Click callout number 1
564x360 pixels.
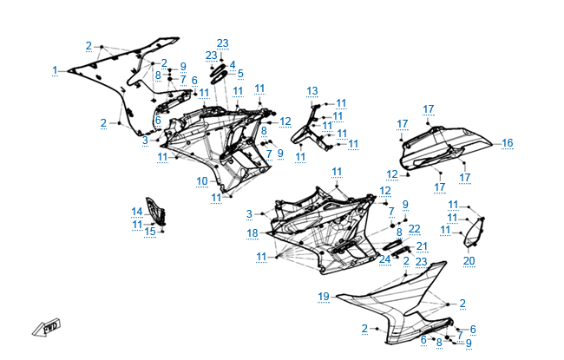pos(55,69)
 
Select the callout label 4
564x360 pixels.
pos(233,64)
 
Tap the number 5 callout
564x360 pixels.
pos(240,74)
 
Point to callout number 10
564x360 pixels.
pos(201,180)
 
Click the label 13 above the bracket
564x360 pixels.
pos(312,90)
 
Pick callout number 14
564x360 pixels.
pos(137,212)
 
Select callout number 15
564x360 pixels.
pos(150,231)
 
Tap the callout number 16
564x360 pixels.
pos(508,143)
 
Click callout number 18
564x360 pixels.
pos(252,233)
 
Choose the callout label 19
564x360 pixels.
pos(323,297)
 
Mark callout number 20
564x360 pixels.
pos(469,260)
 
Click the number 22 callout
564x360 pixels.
pos(414,228)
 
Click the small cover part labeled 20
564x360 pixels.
pos(473,234)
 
